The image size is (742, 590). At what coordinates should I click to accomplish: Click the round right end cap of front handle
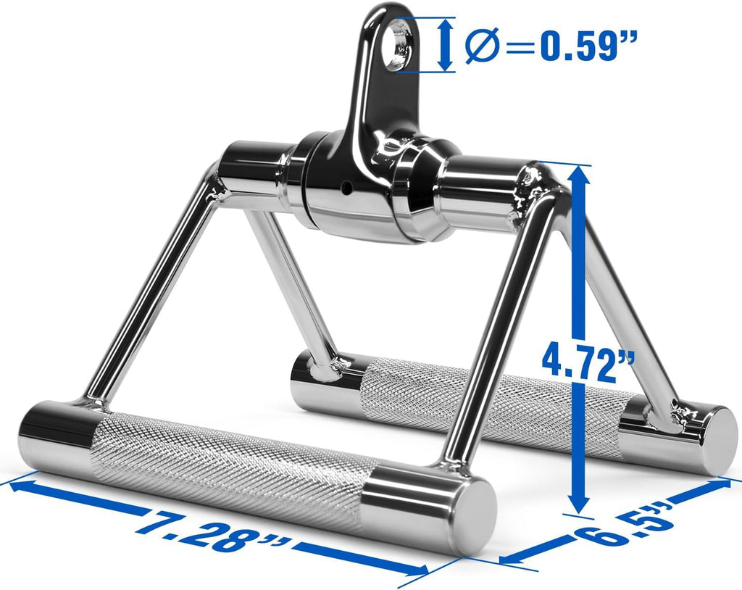pyautogui.click(x=473, y=512)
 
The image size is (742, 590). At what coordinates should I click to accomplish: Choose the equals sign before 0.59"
pyautogui.click(x=521, y=47)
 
